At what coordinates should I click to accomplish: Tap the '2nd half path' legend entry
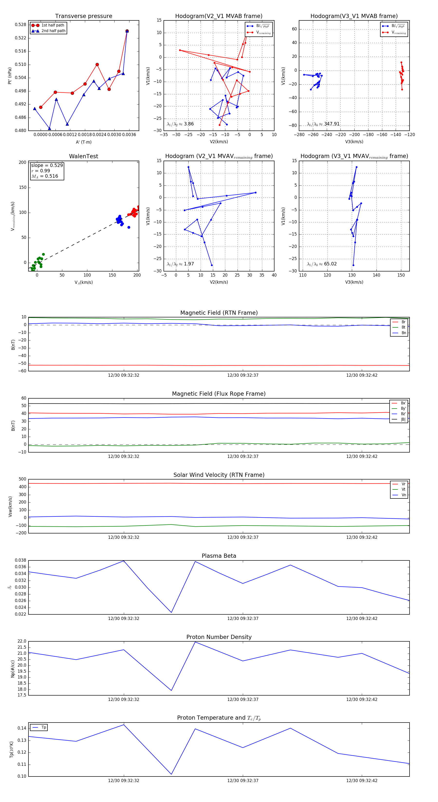53,31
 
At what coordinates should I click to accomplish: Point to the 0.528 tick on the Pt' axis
21,25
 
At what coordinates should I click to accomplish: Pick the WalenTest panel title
83,156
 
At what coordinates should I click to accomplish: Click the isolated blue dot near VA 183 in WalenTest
129,227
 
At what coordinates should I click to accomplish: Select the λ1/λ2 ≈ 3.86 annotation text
180,124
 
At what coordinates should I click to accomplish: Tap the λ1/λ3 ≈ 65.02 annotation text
322,264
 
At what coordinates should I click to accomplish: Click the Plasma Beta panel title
219,556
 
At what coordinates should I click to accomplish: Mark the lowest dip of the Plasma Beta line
171,612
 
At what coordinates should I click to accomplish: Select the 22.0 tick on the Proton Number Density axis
22,641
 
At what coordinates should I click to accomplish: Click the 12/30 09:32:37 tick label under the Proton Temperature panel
243,781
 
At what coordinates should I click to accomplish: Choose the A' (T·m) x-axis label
83,142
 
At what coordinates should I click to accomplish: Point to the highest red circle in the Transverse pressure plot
127,31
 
